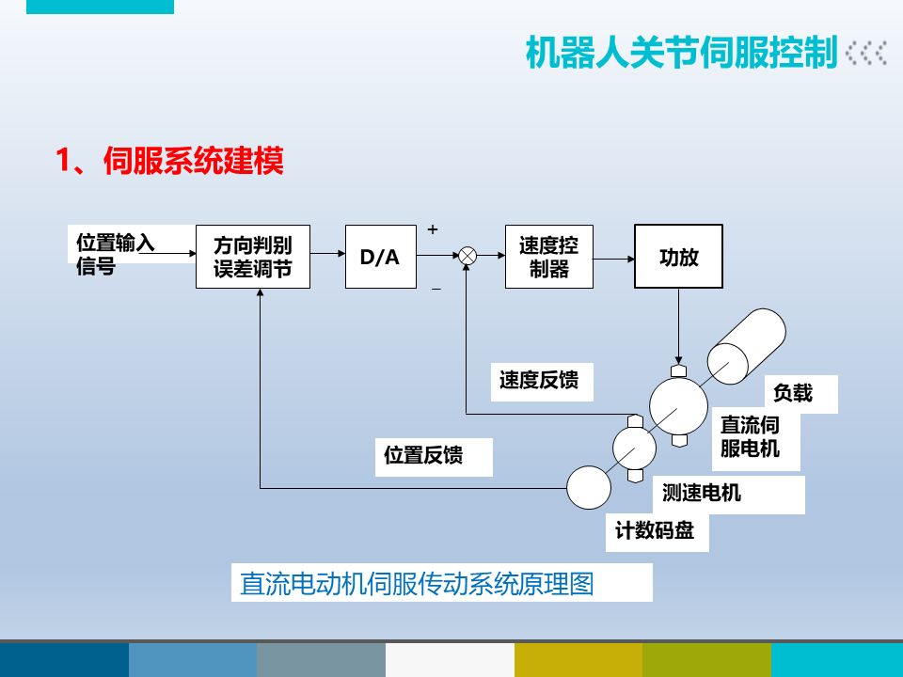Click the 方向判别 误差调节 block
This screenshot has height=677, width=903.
point(252,257)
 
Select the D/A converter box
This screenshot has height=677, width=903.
point(380,256)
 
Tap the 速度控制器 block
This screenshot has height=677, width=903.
point(549,257)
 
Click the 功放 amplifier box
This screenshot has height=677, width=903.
point(678,256)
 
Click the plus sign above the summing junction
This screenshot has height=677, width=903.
point(433,229)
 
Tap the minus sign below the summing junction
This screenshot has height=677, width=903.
point(436,289)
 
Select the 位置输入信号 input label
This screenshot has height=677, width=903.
point(115,254)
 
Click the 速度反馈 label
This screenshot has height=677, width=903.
point(539,380)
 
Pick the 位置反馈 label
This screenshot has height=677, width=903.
point(423,456)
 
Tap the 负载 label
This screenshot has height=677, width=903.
point(792,393)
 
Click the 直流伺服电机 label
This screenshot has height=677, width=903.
point(750,437)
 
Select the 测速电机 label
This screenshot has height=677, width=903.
point(702,492)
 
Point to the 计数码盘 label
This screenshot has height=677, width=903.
point(655,530)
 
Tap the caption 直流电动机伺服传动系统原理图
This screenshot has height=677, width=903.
point(417,584)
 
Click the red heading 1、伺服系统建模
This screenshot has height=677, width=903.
point(169,162)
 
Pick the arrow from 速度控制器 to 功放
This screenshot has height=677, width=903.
point(614,256)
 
